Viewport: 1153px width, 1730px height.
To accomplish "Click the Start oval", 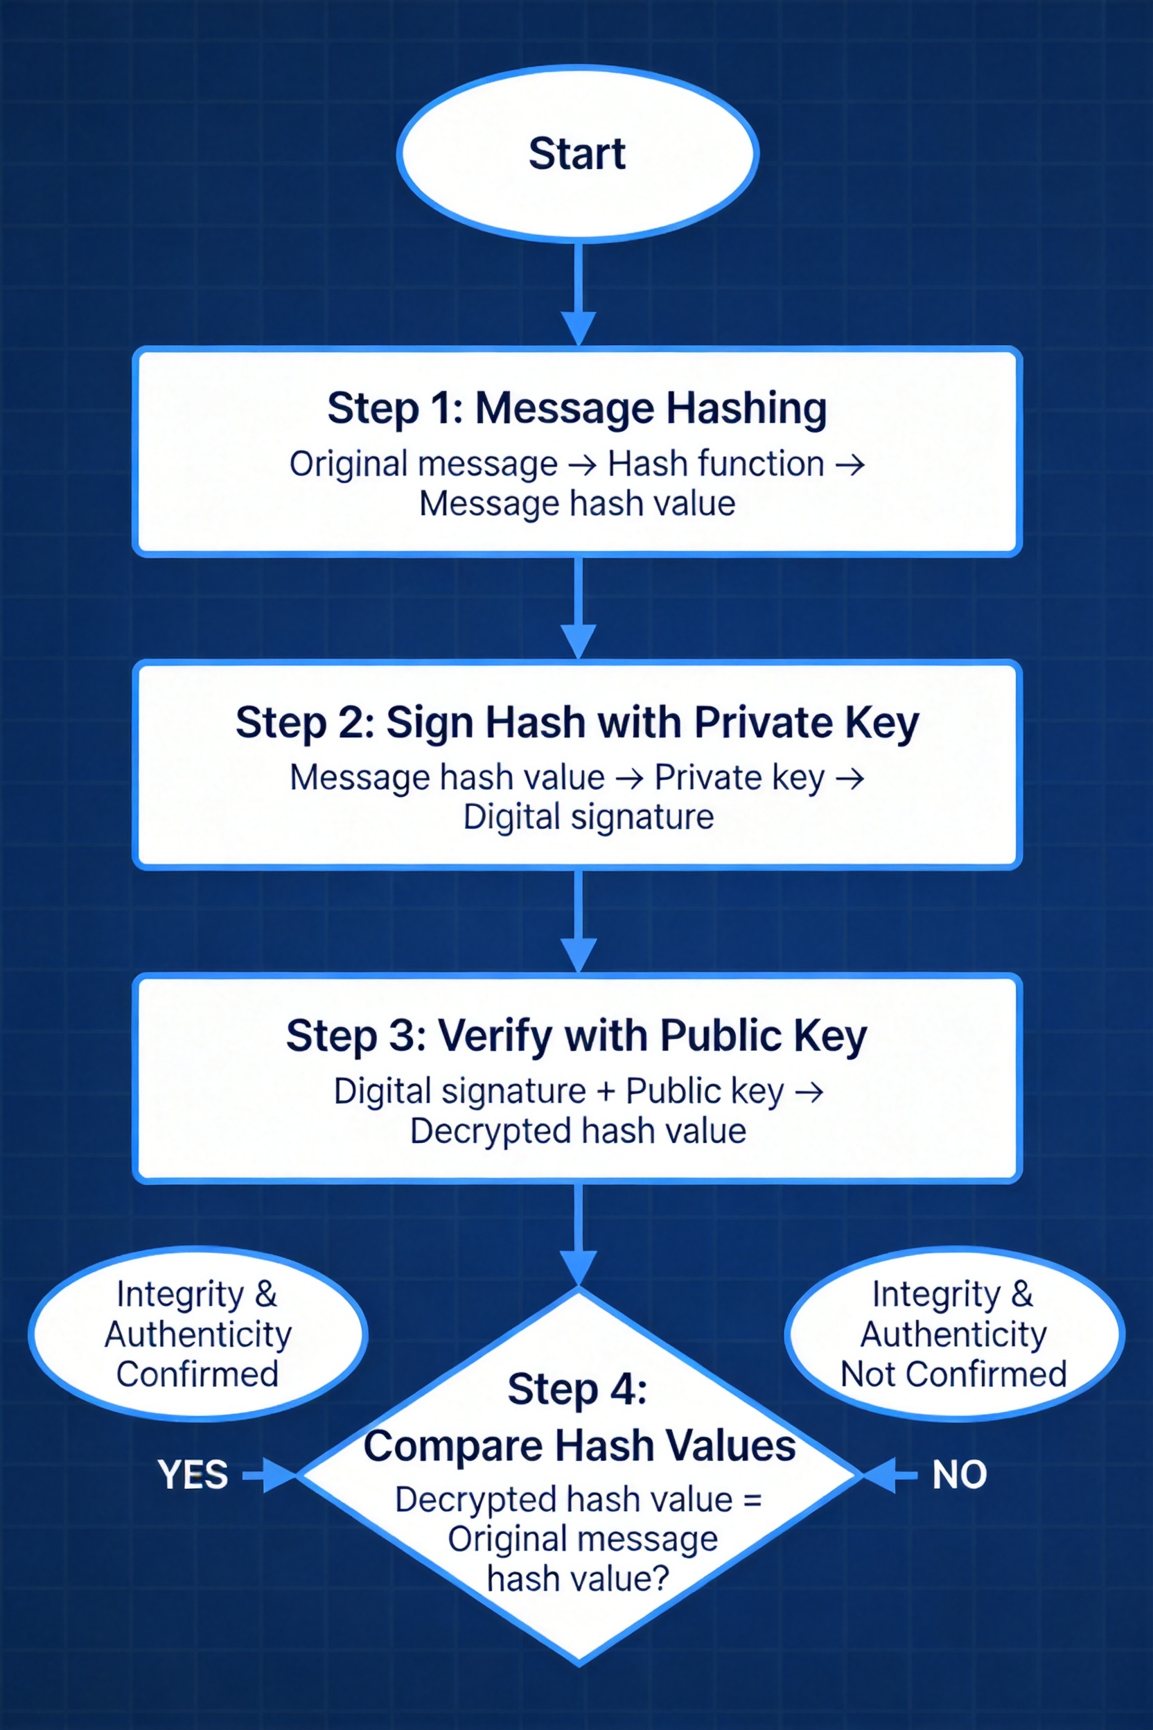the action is [577, 154].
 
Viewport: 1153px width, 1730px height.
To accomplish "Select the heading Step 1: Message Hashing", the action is [577, 408].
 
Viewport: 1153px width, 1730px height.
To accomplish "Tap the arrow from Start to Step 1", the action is [579, 294].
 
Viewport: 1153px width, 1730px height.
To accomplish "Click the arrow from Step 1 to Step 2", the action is [579, 608].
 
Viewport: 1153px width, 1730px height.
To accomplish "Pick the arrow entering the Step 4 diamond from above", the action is [579, 1236].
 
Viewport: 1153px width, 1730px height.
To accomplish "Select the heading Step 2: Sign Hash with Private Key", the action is [577, 722].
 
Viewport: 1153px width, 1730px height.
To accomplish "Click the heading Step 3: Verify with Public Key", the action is [577, 1036].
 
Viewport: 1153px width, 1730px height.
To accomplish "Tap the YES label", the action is [193, 1475].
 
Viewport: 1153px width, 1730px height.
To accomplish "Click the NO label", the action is [959, 1475].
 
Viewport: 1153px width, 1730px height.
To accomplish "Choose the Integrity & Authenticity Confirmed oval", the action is [197, 1334].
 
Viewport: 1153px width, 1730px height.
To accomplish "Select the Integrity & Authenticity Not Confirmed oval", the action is [953, 1334].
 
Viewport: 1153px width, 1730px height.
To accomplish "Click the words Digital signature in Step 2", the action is [588, 817].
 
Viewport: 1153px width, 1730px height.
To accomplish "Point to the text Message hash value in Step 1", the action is [577, 504].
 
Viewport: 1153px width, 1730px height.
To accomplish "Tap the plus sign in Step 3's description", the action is [606, 1092].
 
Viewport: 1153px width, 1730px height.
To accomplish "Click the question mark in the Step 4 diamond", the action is [660, 1578].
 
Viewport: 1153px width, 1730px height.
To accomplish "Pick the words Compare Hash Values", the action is [579, 1446].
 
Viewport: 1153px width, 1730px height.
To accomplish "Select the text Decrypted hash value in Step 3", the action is [578, 1131].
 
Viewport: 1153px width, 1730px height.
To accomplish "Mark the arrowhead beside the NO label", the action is [881, 1475].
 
